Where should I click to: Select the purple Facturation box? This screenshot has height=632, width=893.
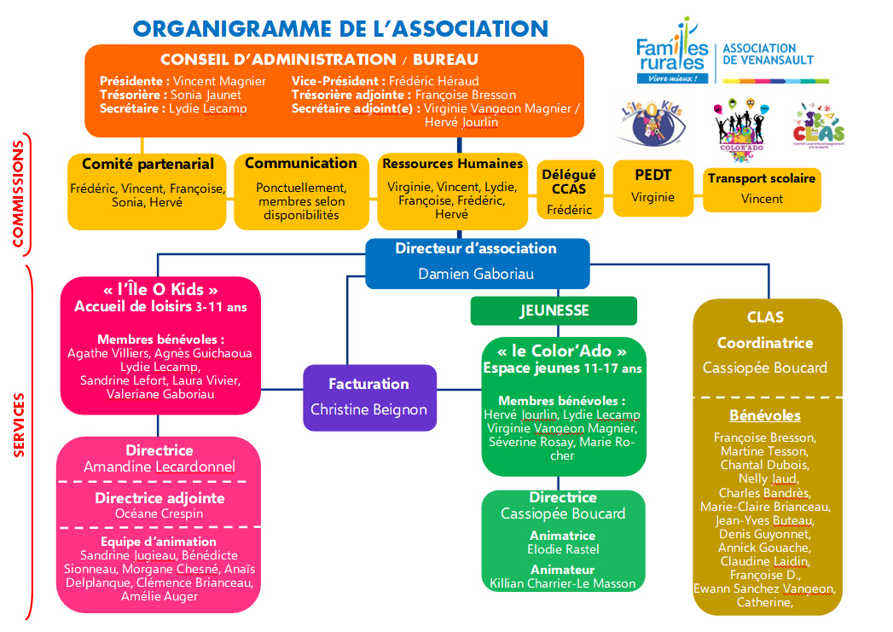369,397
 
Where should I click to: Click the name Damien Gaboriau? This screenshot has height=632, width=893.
477,274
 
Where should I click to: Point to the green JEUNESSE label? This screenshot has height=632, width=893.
554,311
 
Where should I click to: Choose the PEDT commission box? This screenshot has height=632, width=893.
652,185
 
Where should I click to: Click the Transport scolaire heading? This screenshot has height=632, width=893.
762,178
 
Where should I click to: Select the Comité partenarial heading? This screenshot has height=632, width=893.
148,164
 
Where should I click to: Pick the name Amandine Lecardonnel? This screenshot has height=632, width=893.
159,467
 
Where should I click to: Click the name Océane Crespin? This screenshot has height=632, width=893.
159,513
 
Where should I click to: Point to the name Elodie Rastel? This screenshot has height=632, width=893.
563,549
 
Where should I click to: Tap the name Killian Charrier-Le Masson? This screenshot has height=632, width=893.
563,583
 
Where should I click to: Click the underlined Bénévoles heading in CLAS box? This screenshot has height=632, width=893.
765,415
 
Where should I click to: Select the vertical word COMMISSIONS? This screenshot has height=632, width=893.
18,194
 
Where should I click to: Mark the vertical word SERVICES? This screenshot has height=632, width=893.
18,426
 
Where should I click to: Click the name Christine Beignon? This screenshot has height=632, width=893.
368,409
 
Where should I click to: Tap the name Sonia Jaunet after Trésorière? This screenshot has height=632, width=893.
206,95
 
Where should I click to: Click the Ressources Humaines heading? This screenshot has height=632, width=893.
453,164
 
